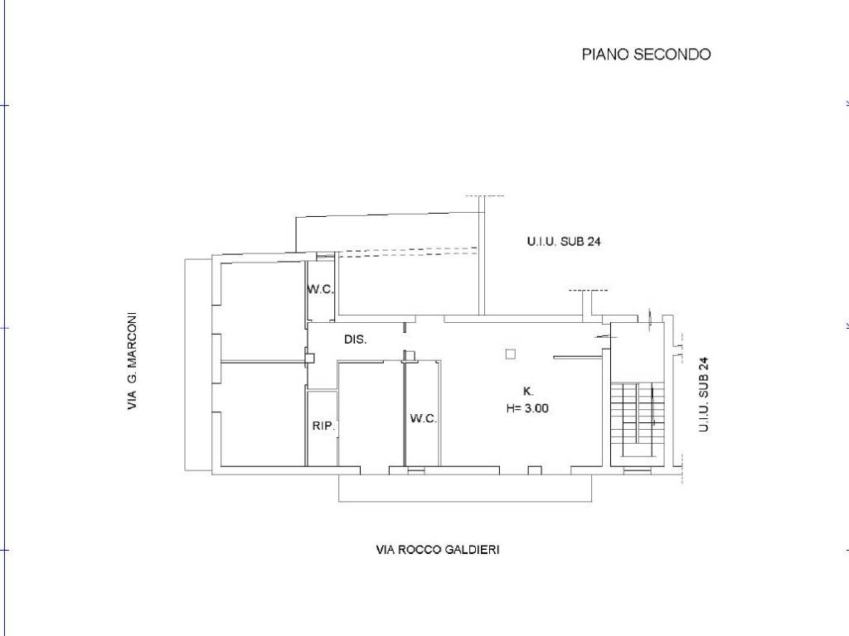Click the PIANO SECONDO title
pyautogui.click(x=646, y=54)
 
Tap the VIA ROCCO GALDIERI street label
pyautogui.click(x=438, y=550)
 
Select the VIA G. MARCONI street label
pyautogui.click(x=132, y=361)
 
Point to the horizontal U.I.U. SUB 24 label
pyautogui.click(x=564, y=241)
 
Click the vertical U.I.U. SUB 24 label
pyautogui.click(x=703, y=394)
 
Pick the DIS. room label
pyautogui.click(x=356, y=340)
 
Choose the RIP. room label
pyautogui.click(x=324, y=426)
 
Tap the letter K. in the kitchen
pyautogui.click(x=528, y=392)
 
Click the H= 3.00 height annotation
pyautogui.click(x=527, y=408)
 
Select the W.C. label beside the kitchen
pyautogui.click(x=424, y=418)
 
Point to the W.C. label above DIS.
pyautogui.click(x=321, y=289)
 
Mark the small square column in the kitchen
pyautogui.click(x=511, y=354)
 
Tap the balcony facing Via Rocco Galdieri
pyautogui.click(x=465, y=489)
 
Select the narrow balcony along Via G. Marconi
pyautogui.click(x=197, y=365)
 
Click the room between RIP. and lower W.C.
pyautogui.click(x=371, y=414)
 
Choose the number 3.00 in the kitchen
pyautogui.click(x=536, y=408)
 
